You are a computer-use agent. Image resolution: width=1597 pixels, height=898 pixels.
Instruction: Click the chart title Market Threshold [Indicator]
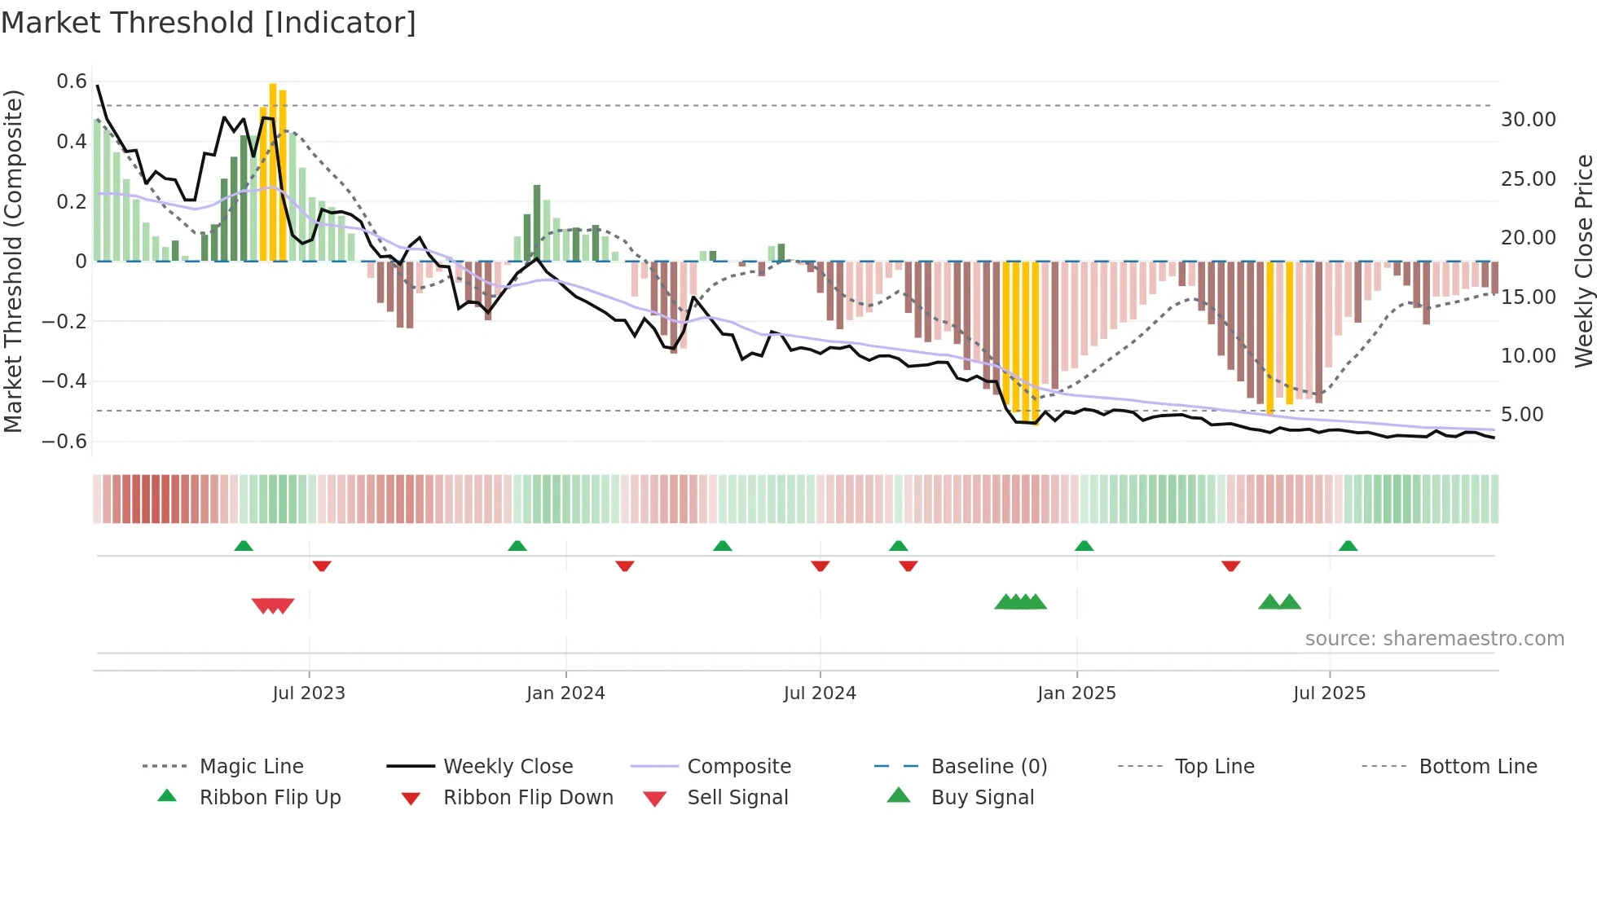[x=209, y=23]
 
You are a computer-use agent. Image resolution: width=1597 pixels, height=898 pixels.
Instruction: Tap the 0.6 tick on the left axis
[x=72, y=81]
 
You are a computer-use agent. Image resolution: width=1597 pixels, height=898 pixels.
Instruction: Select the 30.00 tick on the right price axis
[x=1529, y=120]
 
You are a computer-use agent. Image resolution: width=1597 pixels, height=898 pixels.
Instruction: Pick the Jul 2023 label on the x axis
[x=309, y=693]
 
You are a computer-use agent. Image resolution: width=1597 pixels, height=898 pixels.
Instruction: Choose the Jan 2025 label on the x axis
[x=1076, y=693]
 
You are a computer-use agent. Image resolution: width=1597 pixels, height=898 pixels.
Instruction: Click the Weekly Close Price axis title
[x=1583, y=261]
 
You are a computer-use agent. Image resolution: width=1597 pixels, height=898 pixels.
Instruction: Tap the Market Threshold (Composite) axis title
[x=13, y=261]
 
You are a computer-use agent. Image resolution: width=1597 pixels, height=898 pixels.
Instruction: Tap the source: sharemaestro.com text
[x=1434, y=639]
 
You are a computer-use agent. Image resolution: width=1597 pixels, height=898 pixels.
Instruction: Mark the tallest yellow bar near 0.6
[x=273, y=171]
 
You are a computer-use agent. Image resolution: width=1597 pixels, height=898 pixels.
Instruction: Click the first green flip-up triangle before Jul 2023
[x=244, y=546]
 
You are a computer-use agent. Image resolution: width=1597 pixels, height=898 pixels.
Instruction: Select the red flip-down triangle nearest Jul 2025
[x=1230, y=566]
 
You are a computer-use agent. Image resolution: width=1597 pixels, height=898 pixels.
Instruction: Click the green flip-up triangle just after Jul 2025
[x=1348, y=546]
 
